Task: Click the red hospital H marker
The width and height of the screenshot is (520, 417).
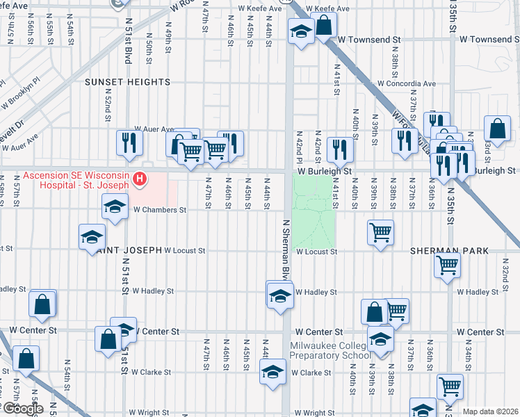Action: click(140, 180)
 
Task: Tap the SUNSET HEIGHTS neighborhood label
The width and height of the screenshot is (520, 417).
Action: click(127, 82)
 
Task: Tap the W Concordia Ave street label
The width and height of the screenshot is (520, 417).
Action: click(403, 83)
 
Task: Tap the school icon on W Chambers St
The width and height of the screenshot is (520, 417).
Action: click(115, 206)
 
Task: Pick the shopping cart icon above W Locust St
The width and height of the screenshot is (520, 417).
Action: click(380, 232)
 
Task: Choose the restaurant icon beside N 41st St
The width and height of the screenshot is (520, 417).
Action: click(339, 148)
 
